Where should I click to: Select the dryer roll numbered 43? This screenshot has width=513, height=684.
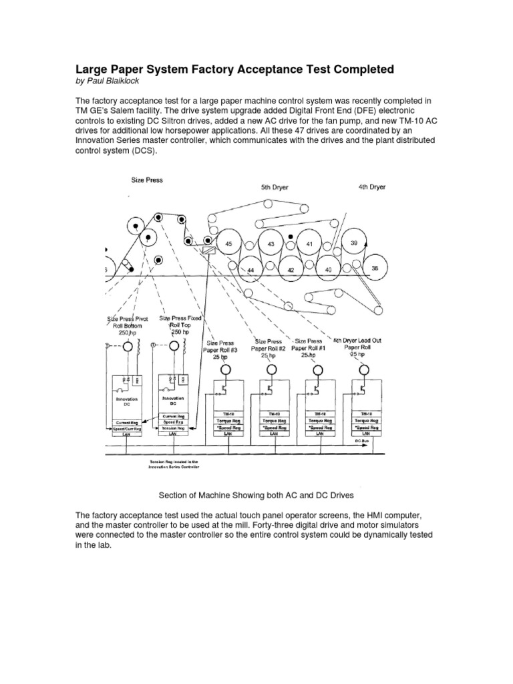[x=271, y=244]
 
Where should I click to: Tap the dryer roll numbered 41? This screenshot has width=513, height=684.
[x=309, y=244]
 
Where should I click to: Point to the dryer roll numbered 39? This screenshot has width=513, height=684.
[x=354, y=243]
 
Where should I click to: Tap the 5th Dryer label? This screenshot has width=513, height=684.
[x=275, y=188]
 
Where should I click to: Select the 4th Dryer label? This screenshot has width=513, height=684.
[x=372, y=187]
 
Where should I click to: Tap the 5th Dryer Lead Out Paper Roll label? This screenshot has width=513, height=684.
[x=357, y=347]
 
